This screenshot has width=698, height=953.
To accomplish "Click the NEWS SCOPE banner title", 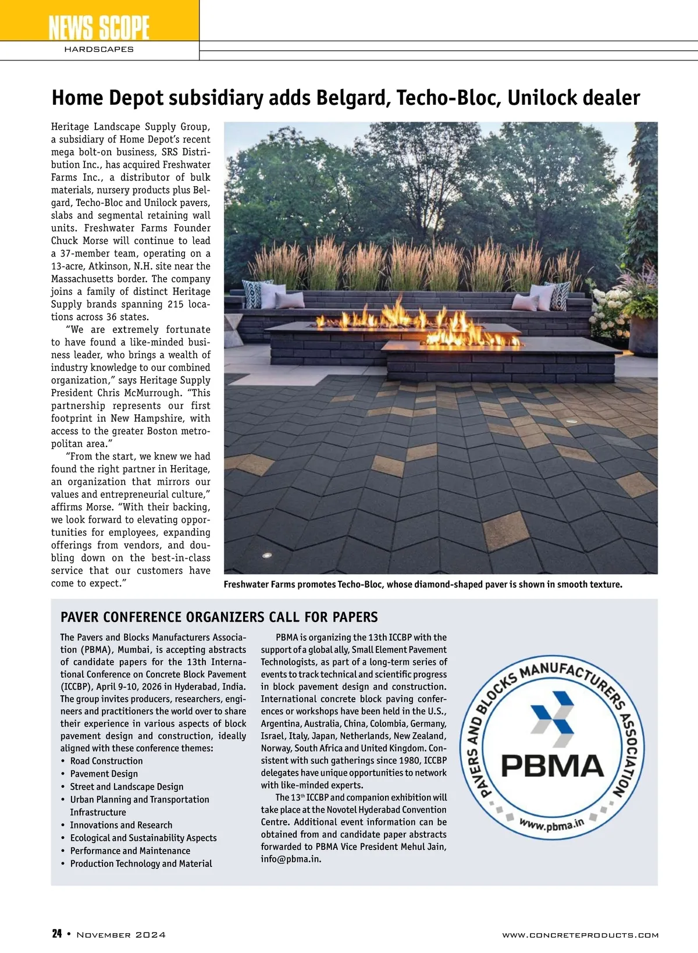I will click(99, 27).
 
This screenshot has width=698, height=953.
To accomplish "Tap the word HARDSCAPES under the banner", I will click(99, 49).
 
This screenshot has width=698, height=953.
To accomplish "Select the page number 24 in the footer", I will click(57, 934).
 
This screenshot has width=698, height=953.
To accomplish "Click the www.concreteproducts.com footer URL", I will click(580, 935).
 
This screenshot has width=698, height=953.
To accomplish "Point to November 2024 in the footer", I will click(121, 934).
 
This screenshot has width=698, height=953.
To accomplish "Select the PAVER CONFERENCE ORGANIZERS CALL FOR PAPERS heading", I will click(219, 617).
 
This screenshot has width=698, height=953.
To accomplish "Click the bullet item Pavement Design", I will click(104, 774).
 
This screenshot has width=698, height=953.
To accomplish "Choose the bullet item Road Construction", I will click(106, 761).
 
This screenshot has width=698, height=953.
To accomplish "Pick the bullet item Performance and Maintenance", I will click(130, 851).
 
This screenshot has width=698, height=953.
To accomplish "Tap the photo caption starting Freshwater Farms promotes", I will click(423, 584).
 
